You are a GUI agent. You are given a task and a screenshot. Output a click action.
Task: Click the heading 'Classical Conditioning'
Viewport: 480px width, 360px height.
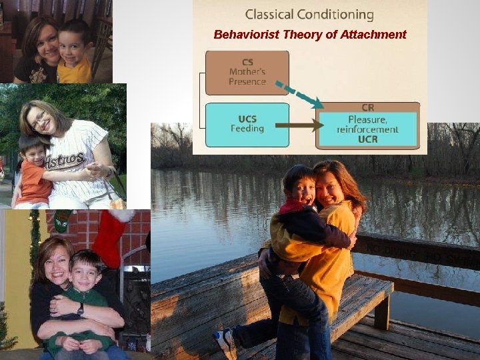(309, 14)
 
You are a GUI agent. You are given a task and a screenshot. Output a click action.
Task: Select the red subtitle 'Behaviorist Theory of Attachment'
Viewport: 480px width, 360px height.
(309, 35)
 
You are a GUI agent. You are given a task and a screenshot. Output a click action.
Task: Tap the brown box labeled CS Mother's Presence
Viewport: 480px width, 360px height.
(247, 73)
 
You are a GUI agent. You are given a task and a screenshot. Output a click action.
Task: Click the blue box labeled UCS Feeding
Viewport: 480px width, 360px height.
(247, 125)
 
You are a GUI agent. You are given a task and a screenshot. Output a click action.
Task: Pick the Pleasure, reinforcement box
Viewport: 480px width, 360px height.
(368, 125)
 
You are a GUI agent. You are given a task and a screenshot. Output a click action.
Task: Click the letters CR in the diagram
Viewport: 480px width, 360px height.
(368, 107)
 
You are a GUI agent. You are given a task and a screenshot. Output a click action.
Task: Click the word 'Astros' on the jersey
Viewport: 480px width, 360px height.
(65, 160)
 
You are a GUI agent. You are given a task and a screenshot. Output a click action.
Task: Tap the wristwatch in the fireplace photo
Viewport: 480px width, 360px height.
(80, 309)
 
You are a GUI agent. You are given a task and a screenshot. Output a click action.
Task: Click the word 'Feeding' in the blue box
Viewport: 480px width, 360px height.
(247, 129)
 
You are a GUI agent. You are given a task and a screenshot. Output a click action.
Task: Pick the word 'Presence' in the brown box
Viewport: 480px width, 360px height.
(247, 82)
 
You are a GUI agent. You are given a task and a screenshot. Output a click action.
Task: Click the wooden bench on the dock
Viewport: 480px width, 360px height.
(360, 300)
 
